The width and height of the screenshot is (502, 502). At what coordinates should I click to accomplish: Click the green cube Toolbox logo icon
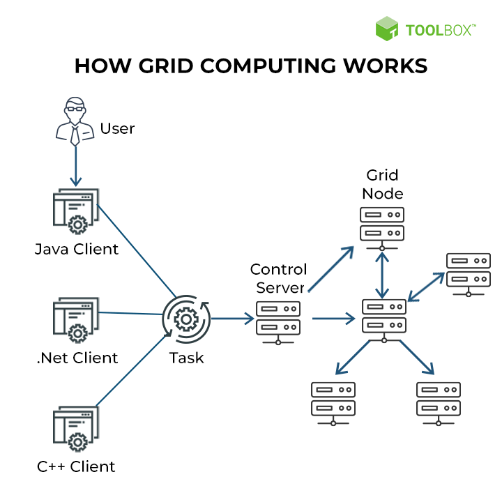[x=387, y=29]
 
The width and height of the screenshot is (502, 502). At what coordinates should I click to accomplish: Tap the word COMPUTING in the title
[x=268, y=66]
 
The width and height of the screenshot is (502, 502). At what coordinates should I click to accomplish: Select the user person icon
[x=75, y=121]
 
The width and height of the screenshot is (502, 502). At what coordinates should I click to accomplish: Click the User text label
[x=117, y=129]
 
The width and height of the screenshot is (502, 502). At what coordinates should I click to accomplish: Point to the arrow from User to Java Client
[x=75, y=166]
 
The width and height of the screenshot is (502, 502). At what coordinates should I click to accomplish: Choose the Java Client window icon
[x=76, y=211]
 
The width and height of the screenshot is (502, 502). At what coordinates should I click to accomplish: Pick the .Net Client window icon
[x=76, y=320]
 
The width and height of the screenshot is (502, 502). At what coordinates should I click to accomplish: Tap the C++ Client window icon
[x=76, y=429]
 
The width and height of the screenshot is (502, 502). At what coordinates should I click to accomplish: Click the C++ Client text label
[x=76, y=466]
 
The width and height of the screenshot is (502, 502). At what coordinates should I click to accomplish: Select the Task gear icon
[x=186, y=319]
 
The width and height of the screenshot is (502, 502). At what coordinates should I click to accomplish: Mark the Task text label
[x=186, y=358]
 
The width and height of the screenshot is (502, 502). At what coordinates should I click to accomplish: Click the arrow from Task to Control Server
[x=233, y=319]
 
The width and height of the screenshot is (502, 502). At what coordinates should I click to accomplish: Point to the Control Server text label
[x=278, y=278]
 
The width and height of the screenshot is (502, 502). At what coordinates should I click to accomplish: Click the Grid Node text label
[x=383, y=184]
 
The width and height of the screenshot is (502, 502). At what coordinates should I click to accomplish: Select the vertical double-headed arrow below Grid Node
[x=382, y=275]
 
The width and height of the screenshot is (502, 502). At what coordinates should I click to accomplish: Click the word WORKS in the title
[x=386, y=66]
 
